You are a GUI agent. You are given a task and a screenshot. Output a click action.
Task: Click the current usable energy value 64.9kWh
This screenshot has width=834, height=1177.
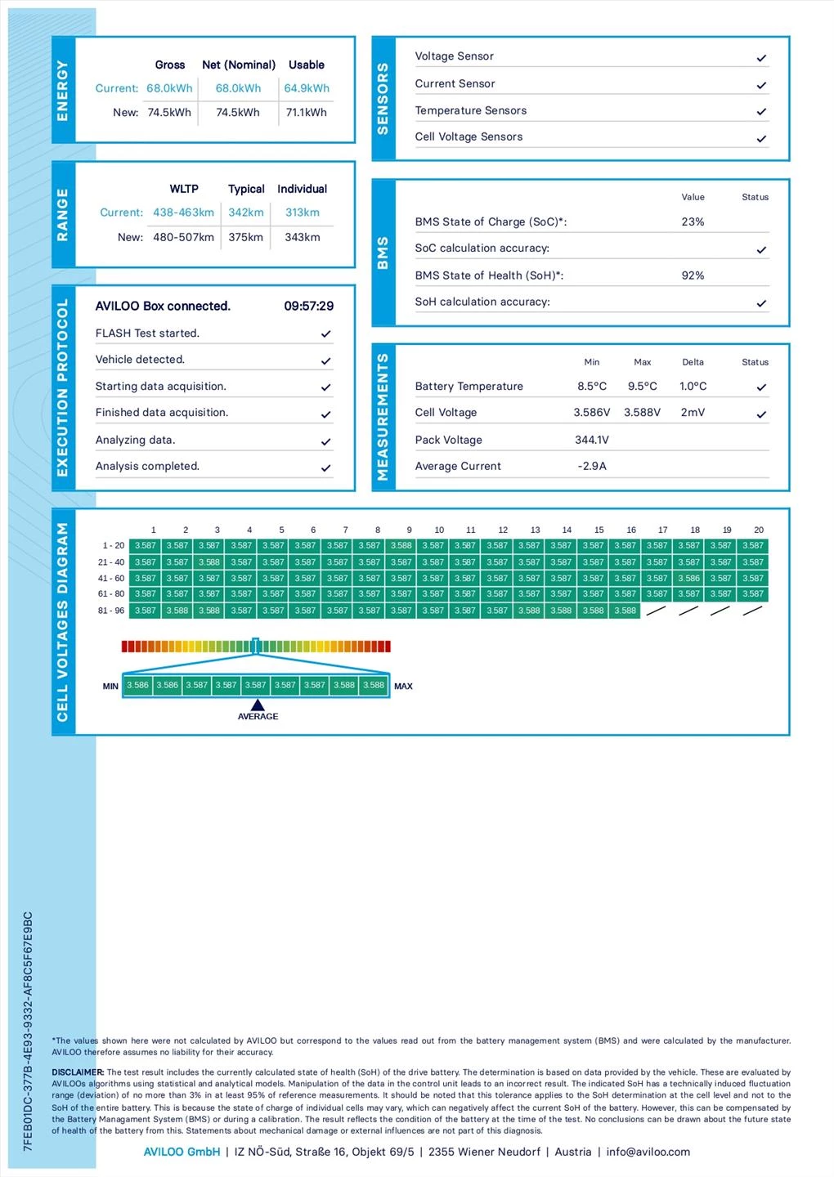click(x=307, y=88)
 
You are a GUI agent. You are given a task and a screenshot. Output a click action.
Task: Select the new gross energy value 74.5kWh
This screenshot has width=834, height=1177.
click(x=169, y=113)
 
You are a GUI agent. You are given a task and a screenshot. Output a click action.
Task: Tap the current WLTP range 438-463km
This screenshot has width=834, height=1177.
click(x=183, y=213)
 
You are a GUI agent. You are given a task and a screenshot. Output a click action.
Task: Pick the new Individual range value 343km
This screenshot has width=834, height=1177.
click(x=302, y=237)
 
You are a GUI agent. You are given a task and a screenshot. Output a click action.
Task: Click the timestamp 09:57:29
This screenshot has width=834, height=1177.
click(x=308, y=307)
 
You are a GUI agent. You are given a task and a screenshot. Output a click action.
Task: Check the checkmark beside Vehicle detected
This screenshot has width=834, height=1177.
click(x=325, y=360)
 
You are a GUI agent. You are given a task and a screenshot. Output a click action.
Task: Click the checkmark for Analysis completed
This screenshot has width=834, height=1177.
click(x=325, y=468)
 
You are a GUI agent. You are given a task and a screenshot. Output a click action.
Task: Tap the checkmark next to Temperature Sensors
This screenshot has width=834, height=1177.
click(x=761, y=111)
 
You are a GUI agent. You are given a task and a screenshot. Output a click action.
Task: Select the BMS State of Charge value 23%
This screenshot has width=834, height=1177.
click(x=693, y=222)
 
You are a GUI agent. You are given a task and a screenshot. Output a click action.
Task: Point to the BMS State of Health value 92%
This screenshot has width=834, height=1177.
click(x=693, y=275)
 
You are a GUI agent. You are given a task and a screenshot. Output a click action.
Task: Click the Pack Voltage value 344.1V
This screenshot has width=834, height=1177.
click(x=592, y=440)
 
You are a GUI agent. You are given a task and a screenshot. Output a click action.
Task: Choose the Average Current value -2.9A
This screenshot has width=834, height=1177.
click(x=592, y=466)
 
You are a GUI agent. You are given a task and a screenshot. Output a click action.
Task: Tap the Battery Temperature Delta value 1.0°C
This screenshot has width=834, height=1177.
click(x=693, y=387)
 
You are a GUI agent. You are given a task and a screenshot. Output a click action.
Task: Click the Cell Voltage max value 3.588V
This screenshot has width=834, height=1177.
click(x=642, y=413)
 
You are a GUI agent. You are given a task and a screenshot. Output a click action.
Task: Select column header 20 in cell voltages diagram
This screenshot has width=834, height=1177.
click(x=759, y=530)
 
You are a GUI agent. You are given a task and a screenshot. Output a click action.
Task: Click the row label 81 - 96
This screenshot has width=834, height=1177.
click(x=111, y=611)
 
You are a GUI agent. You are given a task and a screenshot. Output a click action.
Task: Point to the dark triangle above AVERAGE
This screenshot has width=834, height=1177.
click(x=258, y=705)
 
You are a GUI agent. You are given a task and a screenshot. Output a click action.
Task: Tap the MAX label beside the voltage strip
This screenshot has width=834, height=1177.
click(x=403, y=687)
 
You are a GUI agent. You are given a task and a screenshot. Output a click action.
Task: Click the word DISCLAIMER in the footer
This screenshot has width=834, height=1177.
click(x=78, y=1072)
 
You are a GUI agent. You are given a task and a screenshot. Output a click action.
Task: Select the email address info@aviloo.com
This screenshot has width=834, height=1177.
click(x=648, y=1152)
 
